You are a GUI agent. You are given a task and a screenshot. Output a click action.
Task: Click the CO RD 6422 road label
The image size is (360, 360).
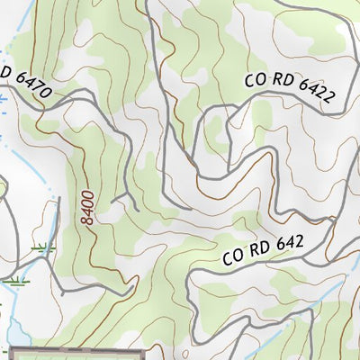pyautogui.click(x=289, y=91)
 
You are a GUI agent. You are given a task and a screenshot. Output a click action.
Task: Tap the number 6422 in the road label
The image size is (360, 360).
pyautogui.click(x=311, y=96)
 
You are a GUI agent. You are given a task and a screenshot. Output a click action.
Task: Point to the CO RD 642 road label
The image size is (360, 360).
pyautogui.click(x=264, y=249)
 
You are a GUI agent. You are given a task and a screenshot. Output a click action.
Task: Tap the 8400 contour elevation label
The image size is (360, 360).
pyautogui.click(x=87, y=207)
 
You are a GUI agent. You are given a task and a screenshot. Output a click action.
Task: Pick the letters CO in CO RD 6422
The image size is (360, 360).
pyautogui.click(x=255, y=79)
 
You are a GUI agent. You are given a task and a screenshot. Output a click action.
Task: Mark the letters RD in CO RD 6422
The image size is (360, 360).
pyautogui.click(x=279, y=86)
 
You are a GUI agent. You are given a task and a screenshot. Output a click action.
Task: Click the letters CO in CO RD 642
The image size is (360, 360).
pyautogui.click(x=234, y=258)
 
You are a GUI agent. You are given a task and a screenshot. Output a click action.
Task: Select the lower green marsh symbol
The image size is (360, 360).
pyautogui.click(x=14, y=282)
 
